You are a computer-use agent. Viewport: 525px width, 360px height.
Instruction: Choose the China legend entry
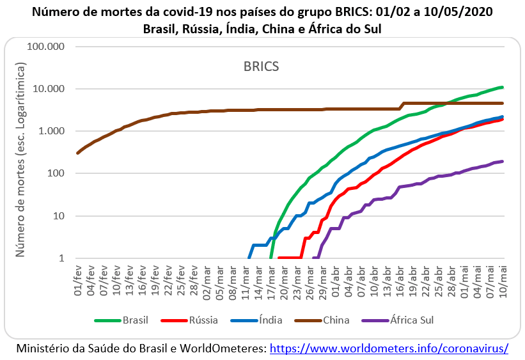[x=336, y=320]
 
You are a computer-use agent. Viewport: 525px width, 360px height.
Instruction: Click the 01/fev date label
[x=78, y=281]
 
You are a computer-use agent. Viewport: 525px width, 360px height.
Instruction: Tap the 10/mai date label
[x=503, y=281]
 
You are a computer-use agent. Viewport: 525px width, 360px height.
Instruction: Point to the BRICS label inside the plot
[x=261, y=66]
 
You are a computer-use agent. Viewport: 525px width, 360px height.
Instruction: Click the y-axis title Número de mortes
[x=20, y=160]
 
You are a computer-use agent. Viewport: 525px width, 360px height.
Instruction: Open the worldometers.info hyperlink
[x=389, y=348]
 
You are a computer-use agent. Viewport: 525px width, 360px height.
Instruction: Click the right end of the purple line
[x=502, y=161]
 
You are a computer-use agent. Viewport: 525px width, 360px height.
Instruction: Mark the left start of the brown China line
[x=77, y=153]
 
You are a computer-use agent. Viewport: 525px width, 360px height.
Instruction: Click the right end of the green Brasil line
[x=502, y=87]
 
